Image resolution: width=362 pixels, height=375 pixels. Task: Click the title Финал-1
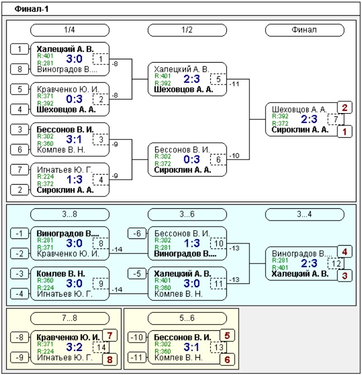pos(31,9)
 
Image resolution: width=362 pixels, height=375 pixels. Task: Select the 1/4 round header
pos(69,30)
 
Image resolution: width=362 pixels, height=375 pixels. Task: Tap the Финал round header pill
pos(304,30)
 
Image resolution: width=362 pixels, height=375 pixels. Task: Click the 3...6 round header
pos(187,214)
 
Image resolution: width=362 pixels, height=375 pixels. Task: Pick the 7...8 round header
pos(69,318)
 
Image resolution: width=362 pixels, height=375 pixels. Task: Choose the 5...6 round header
pos(187,318)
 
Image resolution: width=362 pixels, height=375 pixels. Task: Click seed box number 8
pos(20,69)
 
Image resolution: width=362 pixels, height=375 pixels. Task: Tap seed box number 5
pos(20,90)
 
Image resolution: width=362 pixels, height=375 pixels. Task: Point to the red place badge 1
pos(345,132)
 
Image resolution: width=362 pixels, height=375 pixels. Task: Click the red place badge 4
pos(345,252)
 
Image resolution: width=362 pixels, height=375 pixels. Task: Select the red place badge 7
pos(110,335)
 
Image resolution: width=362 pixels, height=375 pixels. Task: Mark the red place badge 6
pos(227,359)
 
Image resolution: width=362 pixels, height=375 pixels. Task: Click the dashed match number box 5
pos(219,79)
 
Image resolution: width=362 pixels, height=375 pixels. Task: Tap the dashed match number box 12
pos(336,264)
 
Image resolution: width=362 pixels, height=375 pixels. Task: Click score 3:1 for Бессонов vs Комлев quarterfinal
pos(74,139)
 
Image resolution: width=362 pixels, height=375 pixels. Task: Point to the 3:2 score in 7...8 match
pos(74,347)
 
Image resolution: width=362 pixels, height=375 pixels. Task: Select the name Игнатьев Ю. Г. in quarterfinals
pos(64,170)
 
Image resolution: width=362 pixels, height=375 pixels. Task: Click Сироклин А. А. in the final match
pos(300,130)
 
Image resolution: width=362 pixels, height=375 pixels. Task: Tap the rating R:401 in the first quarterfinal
pos(45,56)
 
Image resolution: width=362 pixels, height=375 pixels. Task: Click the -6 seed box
pos(137,233)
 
